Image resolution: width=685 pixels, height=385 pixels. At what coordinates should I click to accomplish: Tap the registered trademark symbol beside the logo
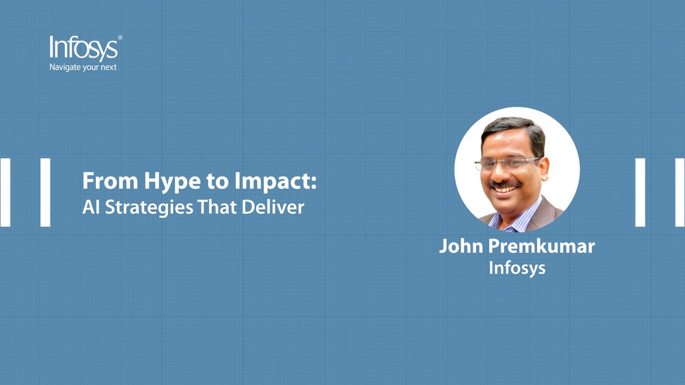click(x=120, y=38)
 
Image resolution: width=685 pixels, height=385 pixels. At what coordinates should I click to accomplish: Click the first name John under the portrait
click(x=462, y=246)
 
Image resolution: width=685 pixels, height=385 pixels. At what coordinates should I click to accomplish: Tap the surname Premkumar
click(x=543, y=246)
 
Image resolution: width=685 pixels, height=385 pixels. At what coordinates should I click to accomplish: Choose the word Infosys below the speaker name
click(x=517, y=268)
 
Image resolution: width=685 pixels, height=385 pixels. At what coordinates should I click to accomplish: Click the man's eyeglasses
click(x=507, y=164)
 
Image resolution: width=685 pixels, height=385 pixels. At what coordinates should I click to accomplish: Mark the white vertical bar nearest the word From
click(x=45, y=192)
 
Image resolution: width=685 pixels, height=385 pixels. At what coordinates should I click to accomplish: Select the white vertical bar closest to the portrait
click(x=640, y=192)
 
